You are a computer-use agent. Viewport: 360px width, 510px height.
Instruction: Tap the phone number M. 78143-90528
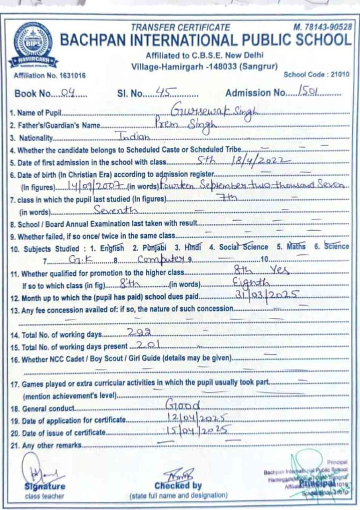(323, 27)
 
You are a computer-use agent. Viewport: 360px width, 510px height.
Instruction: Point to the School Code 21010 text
(316, 75)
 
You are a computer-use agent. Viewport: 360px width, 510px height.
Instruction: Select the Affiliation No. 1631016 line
(49, 75)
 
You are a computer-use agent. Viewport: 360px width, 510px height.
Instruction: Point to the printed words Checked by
(178, 486)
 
